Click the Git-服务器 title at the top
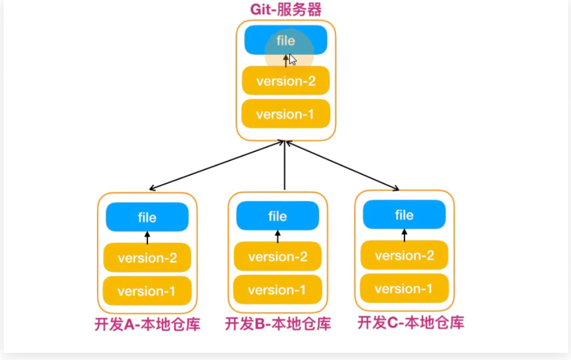[285, 9]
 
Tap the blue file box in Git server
[285, 41]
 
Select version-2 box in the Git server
[285, 81]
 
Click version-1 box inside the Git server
[285, 114]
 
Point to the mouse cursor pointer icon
[293, 60]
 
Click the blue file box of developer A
[147, 217]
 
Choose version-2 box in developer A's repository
[147, 258]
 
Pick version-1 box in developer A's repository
[147, 291]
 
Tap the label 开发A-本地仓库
[147, 324]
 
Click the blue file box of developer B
[277, 216]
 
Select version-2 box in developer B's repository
[277, 256]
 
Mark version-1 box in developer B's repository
[277, 289]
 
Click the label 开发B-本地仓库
[278, 324]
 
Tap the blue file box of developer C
[404, 214]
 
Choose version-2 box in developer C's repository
[404, 255]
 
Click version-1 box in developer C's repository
[404, 288]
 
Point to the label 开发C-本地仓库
[411, 322]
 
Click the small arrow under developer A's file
[147, 237]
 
